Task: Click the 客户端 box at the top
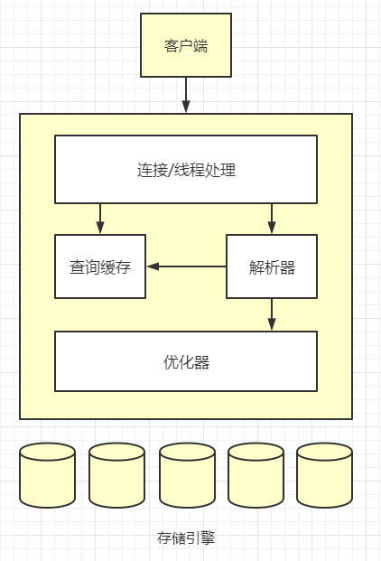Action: pyautogui.click(x=186, y=45)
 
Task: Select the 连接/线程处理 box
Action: pyautogui.click(x=186, y=169)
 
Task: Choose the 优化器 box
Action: pyautogui.click(x=186, y=361)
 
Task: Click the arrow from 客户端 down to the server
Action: pyautogui.click(x=186, y=95)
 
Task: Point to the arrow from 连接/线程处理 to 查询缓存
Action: pyautogui.click(x=100, y=219)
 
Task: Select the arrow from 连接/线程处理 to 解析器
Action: pyautogui.click(x=272, y=219)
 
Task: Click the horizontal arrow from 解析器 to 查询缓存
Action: pyautogui.click(x=186, y=266)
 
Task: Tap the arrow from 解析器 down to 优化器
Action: pyautogui.click(x=272, y=314)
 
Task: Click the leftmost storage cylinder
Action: pyautogui.click(x=48, y=475)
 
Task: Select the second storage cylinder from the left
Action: pyautogui.click(x=117, y=475)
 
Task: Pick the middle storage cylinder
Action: pyautogui.click(x=187, y=475)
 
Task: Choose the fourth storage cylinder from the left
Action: pyautogui.click(x=256, y=475)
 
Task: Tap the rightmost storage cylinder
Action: pyautogui.click(x=324, y=475)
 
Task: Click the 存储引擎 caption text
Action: pyautogui.click(x=186, y=538)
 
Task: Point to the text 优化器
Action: pyautogui.click(x=186, y=362)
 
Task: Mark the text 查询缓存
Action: pyautogui.click(x=100, y=267)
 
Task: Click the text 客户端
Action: pyautogui.click(x=186, y=45)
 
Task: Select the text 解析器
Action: pyautogui.click(x=272, y=267)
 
